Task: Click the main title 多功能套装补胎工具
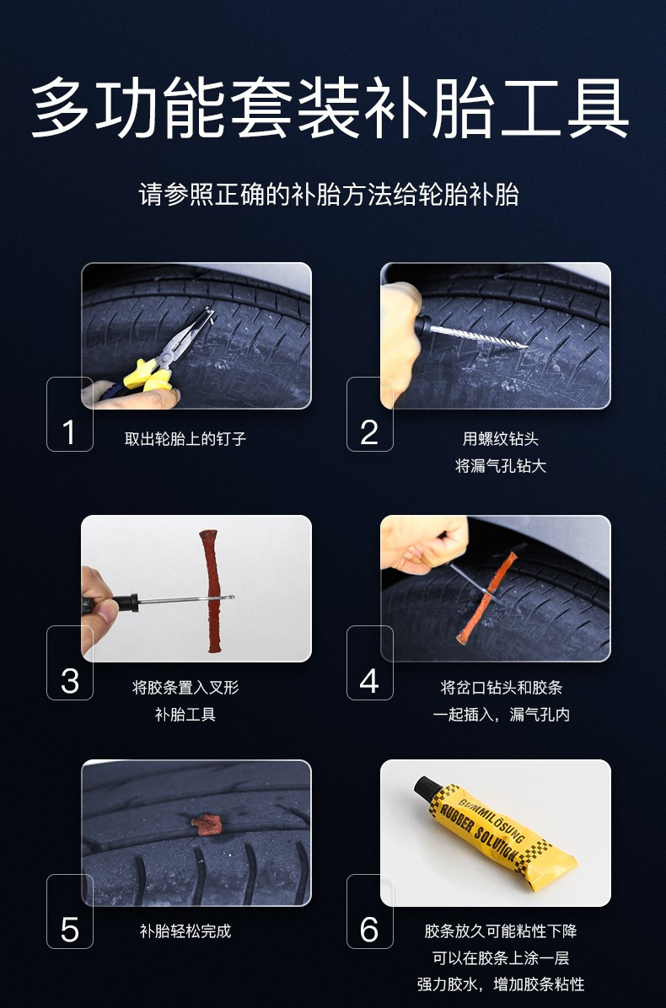coord(330,110)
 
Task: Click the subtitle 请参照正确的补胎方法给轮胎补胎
coord(329,195)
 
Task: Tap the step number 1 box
coord(69,414)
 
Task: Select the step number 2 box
coord(369,414)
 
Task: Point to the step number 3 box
coord(69,662)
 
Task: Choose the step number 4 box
coord(369,662)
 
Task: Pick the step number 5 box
coord(69,911)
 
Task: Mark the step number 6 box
coord(369,911)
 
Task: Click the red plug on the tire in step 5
coord(205,821)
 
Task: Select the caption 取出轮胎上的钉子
coord(185,439)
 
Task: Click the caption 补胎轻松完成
coord(185,931)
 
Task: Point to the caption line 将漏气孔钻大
coord(501,466)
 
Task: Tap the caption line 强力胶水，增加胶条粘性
coord(501,984)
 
